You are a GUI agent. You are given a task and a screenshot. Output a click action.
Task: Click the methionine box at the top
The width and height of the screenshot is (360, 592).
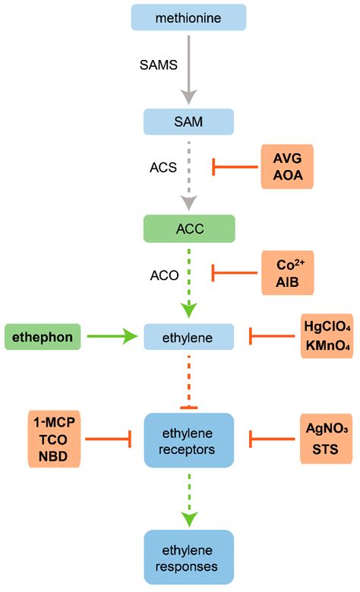tap(188, 17)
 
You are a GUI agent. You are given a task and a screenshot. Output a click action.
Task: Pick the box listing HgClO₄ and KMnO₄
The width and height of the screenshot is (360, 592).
tap(327, 333)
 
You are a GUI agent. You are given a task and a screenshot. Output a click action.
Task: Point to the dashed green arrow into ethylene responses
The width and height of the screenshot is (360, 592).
tap(188, 496)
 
